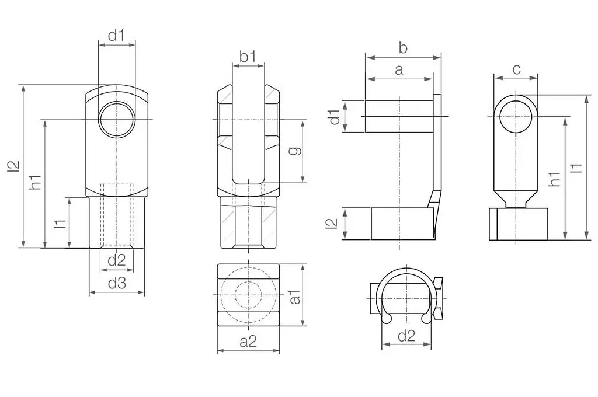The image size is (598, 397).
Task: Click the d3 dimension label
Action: (x=117, y=283)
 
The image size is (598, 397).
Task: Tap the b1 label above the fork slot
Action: (x=248, y=57)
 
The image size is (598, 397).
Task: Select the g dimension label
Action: (x=294, y=150)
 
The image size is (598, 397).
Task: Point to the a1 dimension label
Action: (x=295, y=297)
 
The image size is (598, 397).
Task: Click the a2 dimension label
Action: (x=248, y=342)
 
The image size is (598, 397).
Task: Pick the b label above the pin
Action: (x=403, y=48)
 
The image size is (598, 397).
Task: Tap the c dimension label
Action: (x=516, y=69)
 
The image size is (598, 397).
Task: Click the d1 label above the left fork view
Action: (x=116, y=36)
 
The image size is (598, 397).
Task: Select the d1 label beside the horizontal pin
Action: (x=335, y=117)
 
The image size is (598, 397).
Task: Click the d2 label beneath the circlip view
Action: (x=406, y=336)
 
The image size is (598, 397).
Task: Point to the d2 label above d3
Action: (x=117, y=260)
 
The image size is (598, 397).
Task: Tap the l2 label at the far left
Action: (x=13, y=166)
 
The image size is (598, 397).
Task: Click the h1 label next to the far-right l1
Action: (x=555, y=179)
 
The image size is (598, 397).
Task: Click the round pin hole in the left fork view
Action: (x=117, y=119)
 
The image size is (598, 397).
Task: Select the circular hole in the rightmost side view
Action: (x=516, y=116)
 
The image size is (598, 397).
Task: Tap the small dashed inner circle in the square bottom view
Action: (x=248, y=295)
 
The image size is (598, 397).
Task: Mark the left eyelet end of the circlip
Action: (x=387, y=318)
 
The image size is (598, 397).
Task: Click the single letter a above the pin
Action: (x=399, y=70)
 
